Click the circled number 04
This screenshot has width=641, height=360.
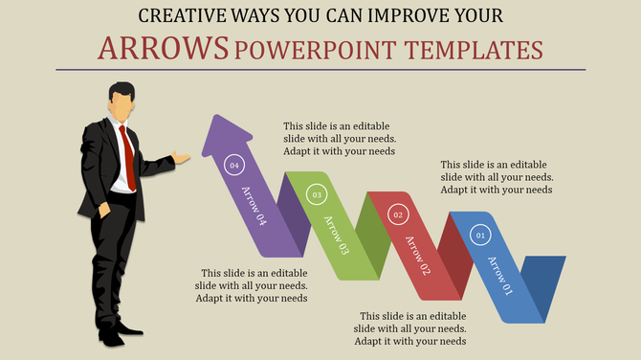coord(233,166)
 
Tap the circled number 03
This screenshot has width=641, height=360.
coord(317,195)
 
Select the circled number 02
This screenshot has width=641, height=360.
coord(398,216)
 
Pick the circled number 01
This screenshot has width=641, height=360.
coord(480,235)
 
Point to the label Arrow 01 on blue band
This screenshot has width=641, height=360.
coord(500,276)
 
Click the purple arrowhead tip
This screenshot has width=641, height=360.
coord(220,120)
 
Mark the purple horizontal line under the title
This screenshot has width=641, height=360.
coord(320,70)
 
